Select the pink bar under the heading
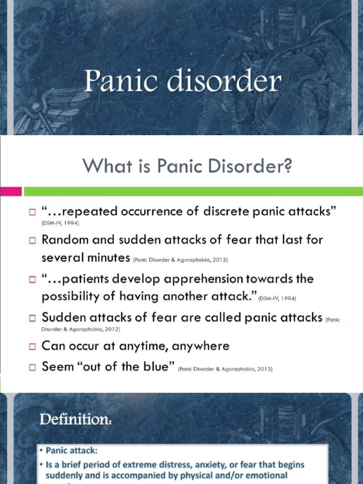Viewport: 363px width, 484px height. pos(10,191)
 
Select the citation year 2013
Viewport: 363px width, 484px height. pos(265,369)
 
